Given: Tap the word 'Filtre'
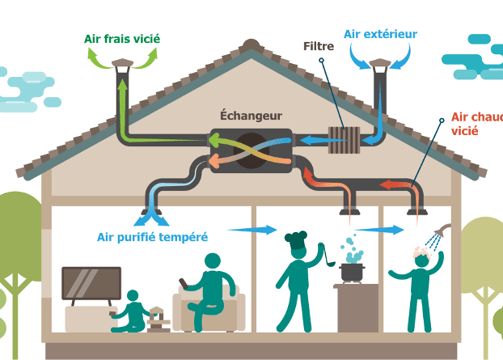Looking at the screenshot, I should [x=319, y=45].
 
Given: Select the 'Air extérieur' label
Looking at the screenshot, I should [x=381, y=32].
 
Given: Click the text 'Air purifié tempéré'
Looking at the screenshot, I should [x=152, y=237].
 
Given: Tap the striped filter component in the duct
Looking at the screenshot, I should [x=348, y=141].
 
